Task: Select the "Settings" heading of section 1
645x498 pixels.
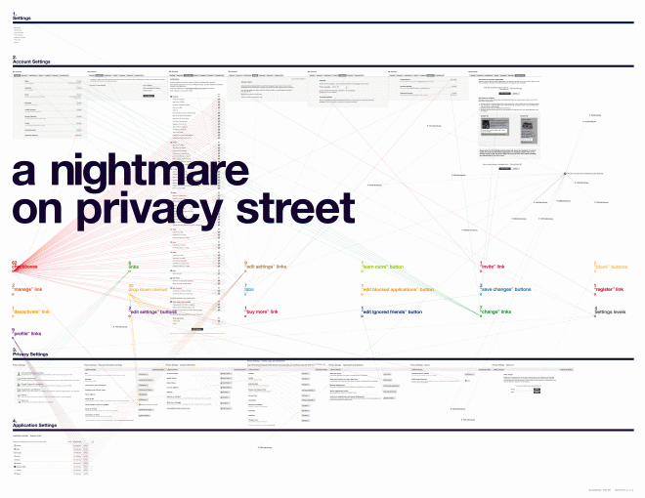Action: click(21, 18)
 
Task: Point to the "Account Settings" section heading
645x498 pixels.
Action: click(32, 62)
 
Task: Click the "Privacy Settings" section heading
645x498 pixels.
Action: click(31, 353)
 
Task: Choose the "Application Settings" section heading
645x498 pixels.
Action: click(36, 426)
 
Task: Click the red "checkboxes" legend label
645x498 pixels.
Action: click(27, 267)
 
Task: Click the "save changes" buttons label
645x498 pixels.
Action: click(505, 290)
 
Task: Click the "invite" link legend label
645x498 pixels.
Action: click(493, 267)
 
